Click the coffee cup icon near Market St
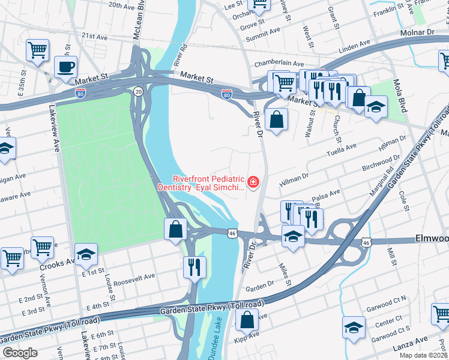[65, 67]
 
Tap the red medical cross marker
[253, 182]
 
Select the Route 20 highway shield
[138, 91]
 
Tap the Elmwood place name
[432, 239]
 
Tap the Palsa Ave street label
[326, 194]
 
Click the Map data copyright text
[424, 355]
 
